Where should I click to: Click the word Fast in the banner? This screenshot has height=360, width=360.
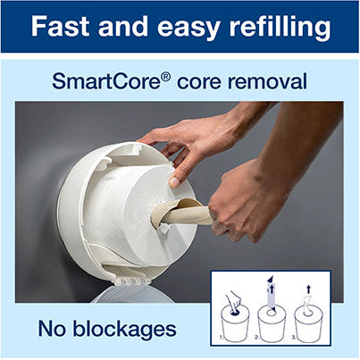coord(60,26)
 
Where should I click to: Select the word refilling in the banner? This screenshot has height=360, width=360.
coord(280,27)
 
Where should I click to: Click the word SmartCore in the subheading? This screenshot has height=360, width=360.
coord(106,80)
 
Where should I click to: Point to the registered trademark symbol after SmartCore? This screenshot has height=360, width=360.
coord(166,76)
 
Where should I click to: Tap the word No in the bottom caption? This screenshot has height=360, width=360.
coord(52,329)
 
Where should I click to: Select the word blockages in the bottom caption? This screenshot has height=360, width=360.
coord(124,330)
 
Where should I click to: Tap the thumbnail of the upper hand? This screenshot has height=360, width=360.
coord(174,182)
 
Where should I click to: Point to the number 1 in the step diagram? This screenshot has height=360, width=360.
coord(221,337)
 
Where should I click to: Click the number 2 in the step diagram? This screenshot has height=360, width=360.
coord(256,337)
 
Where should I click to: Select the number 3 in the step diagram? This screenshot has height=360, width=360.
coord(293,337)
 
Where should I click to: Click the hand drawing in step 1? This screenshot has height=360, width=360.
coord(233,300)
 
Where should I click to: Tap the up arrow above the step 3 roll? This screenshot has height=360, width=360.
coord(308,289)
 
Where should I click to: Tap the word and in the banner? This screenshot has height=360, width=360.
coord(123,26)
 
